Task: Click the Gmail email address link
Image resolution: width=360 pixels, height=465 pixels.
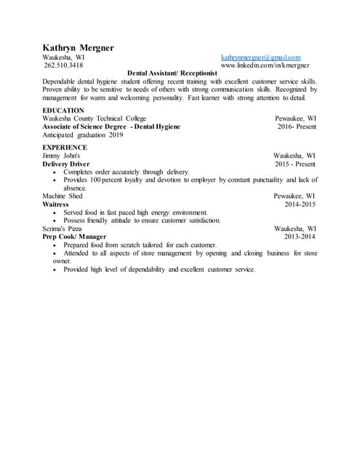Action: pos(260,57)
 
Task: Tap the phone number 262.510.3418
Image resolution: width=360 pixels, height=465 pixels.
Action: pos(63,65)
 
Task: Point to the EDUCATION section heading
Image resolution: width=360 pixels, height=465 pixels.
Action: pos(63,110)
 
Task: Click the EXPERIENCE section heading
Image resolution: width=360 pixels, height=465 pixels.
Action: pos(65,147)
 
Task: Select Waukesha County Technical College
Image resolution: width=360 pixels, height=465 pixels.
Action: pos(95,118)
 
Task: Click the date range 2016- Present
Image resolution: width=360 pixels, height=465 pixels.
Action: pos(297,126)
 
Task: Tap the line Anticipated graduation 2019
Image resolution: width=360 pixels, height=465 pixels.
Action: pos(83,134)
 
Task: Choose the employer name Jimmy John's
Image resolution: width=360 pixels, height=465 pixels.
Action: pos(61,155)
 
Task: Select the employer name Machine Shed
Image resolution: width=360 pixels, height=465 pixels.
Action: pos(63,196)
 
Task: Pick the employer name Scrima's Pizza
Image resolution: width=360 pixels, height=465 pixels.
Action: pos(62,228)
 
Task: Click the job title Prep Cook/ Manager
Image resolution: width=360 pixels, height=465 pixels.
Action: pos(74,237)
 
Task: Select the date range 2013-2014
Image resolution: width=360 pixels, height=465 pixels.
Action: pos(300,237)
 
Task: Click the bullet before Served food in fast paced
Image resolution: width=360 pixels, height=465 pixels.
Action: pos(56,212)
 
